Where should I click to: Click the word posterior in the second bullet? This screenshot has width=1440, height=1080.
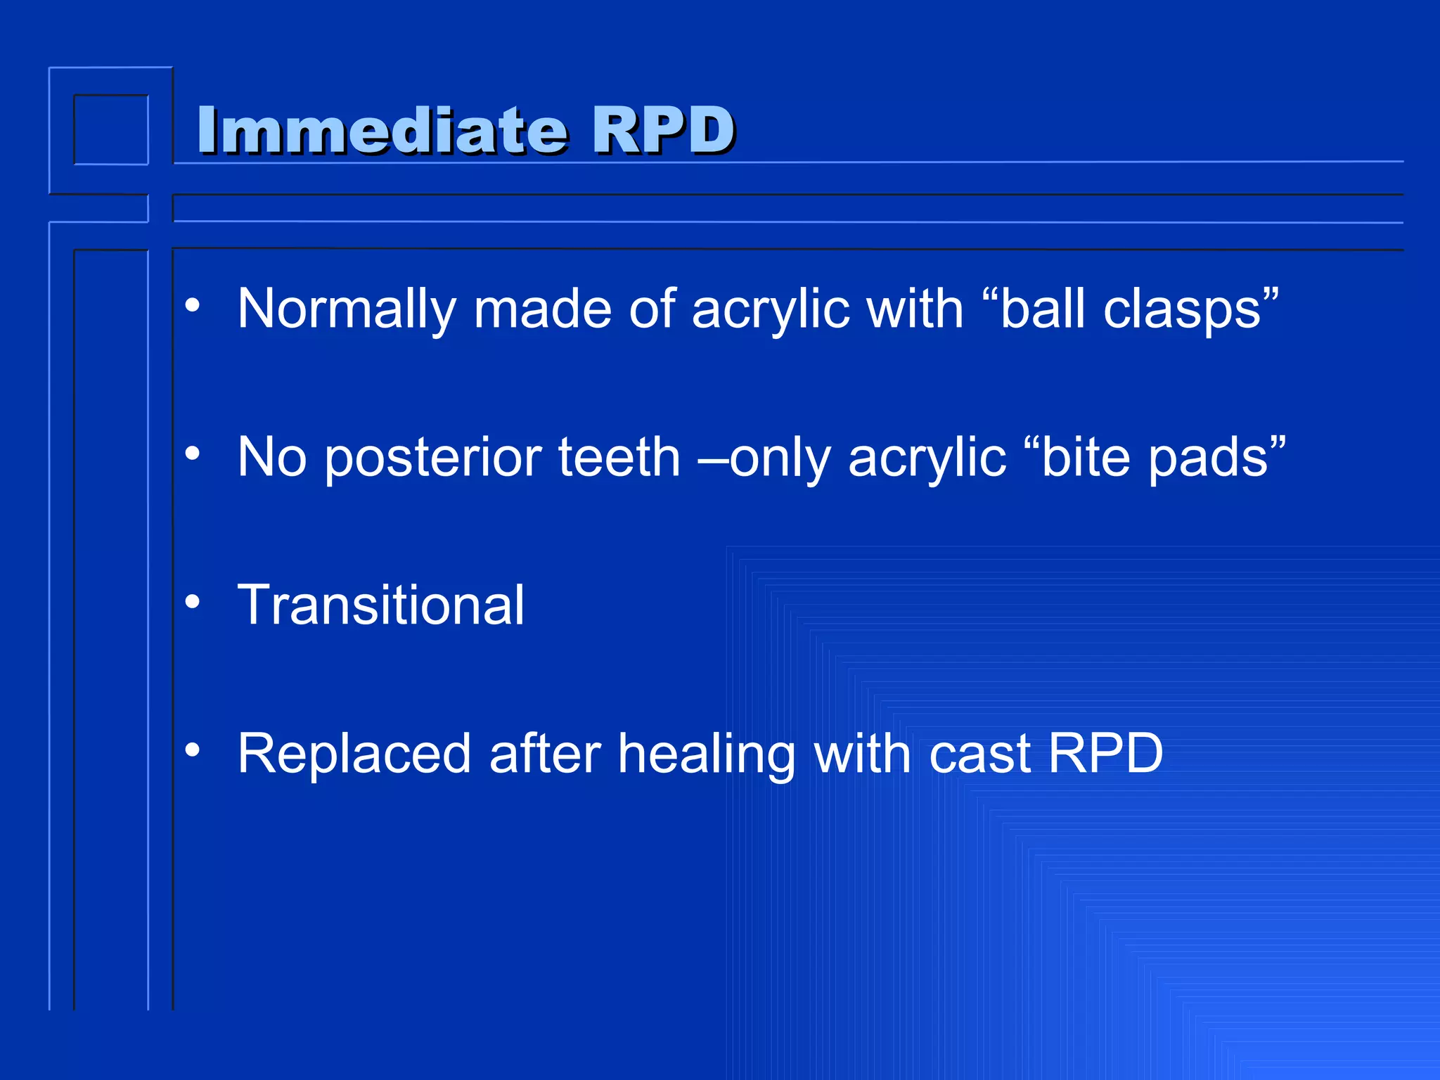click(432, 458)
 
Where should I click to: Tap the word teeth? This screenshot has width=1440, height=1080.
click(619, 458)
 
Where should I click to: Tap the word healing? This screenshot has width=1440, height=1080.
click(707, 754)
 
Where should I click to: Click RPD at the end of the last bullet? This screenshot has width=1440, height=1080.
click(1105, 754)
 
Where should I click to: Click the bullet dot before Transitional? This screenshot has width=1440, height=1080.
click(193, 602)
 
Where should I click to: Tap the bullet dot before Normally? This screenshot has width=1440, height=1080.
click(193, 305)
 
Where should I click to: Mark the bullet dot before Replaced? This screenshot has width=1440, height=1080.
click(193, 750)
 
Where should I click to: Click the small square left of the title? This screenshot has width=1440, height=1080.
click(111, 130)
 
